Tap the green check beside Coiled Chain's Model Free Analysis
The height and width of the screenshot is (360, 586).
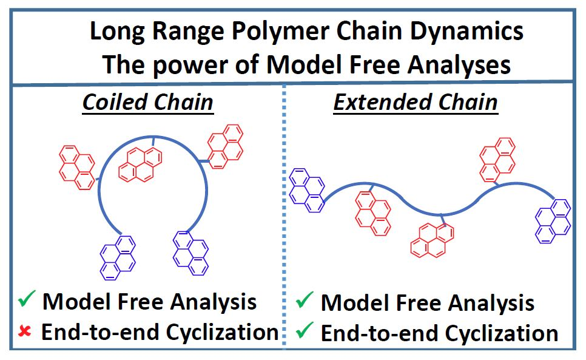click(25, 300)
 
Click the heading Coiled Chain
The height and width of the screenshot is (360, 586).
click(147, 102)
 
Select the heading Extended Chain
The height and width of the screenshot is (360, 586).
click(415, 102)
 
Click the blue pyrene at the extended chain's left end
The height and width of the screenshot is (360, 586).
click(308, 191)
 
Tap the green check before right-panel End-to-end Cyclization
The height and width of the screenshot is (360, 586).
click(306, 333)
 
